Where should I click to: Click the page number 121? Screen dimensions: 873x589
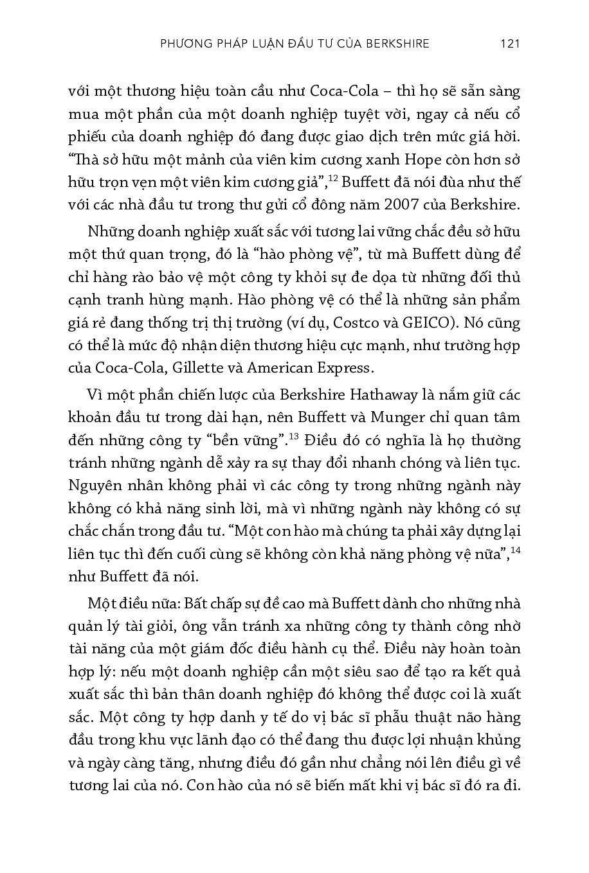[x=509, y=44]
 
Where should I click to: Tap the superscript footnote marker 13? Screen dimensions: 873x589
[x=294, y=437]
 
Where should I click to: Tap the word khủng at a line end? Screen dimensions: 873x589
[x=501, y=741]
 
